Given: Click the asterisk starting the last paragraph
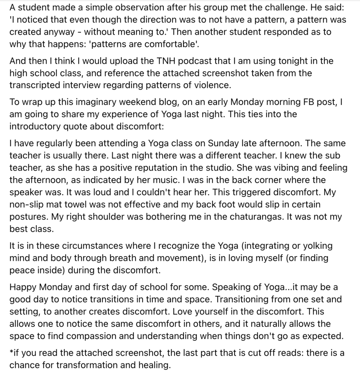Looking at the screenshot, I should [x=11, y=353].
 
